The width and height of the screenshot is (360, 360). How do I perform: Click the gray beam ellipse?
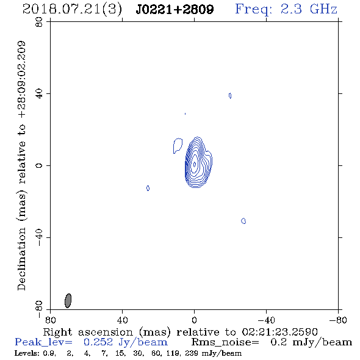point(68,301)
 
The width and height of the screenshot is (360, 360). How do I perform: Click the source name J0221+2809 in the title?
point(175,9)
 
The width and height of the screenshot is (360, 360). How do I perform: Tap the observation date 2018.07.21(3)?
point(72,9)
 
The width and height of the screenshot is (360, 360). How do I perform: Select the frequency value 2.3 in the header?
point(291,9)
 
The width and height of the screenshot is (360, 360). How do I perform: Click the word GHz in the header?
point(323,9)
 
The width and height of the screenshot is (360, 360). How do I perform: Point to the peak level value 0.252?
point(98,342)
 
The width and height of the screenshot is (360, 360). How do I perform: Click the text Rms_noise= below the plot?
point(225,342)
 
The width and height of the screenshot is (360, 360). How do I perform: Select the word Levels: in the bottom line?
point(25,353)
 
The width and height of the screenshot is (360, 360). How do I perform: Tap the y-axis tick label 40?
point(39,94)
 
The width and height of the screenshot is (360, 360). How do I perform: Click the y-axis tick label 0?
point(39,165)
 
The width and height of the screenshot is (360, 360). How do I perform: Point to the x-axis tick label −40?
point(266,320)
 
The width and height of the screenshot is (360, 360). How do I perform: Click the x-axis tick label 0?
point(194,320)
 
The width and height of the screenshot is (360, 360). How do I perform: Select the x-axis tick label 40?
point(122,320)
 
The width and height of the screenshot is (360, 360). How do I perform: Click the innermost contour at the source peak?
point(195,164)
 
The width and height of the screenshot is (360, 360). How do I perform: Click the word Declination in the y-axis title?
point(21,259)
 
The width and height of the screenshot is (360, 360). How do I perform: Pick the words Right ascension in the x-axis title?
point(88,332)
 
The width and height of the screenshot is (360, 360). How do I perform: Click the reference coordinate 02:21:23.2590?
point(279,332)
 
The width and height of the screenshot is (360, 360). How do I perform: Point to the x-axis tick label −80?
point(338,320)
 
